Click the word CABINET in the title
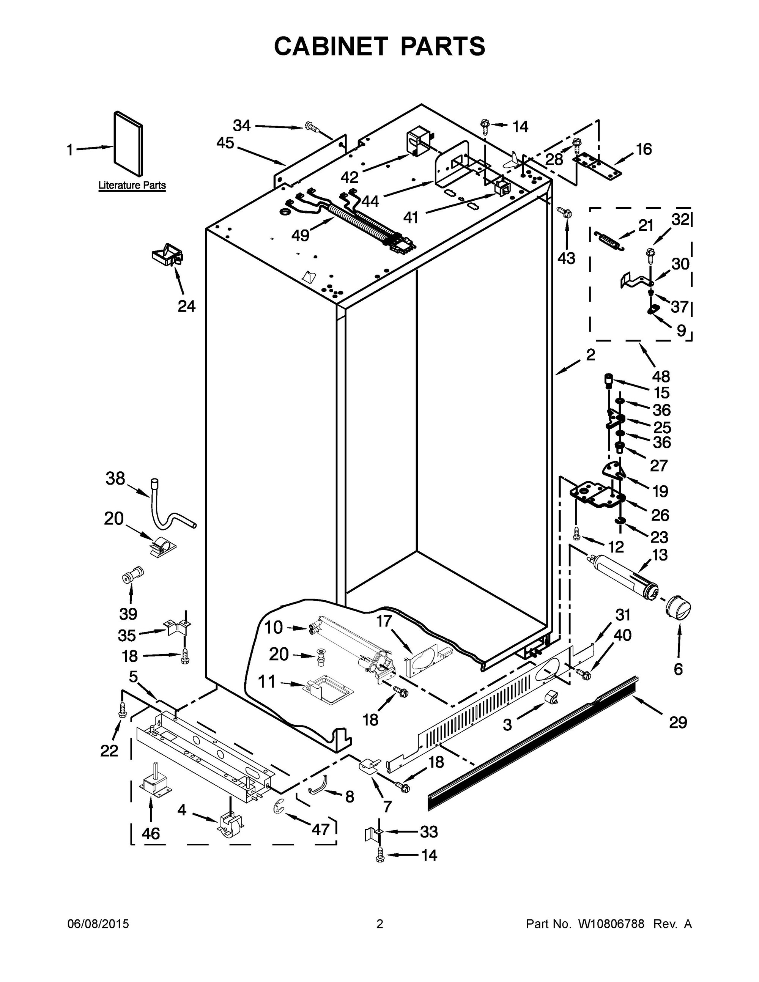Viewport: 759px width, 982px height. coord(331,46)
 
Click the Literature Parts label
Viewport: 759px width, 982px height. coord(132,185)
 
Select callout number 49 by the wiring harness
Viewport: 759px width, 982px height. coord(300,235)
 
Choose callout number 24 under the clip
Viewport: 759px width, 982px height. coord(187,306)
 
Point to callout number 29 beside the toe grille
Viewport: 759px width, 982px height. coord(678,722)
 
